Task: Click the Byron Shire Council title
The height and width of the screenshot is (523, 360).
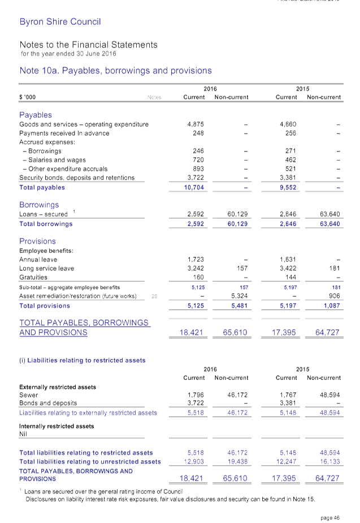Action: tap(60, 22)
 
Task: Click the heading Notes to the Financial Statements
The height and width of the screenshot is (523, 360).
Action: tap(88, 45)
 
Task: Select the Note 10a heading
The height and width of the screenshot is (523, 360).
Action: tap(115, 71)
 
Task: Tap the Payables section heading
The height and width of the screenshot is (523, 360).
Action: tap(36, 114)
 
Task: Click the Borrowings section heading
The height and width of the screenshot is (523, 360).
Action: tap(39, 205)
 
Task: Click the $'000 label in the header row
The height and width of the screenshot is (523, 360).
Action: tap(28, 97)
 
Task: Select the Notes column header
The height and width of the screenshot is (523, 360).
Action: tap(154, 97)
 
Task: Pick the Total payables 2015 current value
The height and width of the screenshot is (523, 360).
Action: tap(287, 187)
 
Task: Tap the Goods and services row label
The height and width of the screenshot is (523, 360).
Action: tap(84, 124)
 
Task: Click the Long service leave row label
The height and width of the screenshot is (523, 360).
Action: tap(46, 268)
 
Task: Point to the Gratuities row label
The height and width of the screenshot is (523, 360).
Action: tap(33, 277)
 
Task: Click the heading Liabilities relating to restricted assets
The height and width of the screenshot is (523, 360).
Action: tap(83, 360)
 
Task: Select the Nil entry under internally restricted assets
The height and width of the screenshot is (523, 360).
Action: tap(23, 434)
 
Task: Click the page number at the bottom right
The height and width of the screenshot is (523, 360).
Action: tap(329, 517)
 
